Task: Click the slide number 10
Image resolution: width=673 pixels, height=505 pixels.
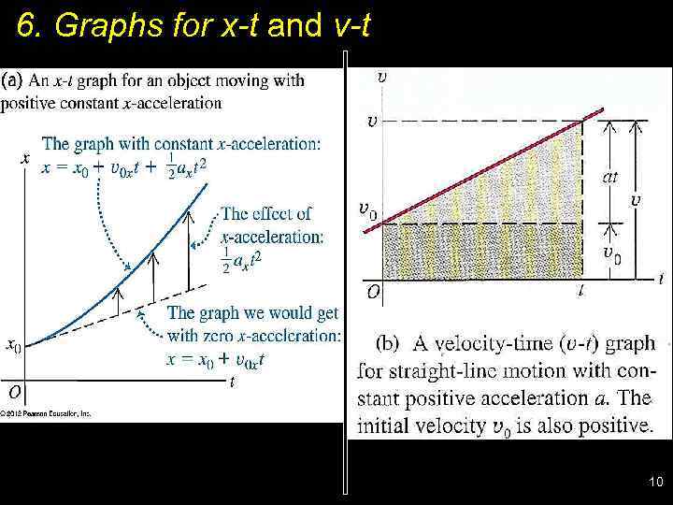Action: click(654, 483)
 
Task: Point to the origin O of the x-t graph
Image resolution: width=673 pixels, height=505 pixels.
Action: click(15, 391)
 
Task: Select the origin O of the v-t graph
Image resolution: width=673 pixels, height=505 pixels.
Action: click(373, 292)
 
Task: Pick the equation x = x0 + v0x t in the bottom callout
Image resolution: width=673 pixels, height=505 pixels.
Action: click(215, 359)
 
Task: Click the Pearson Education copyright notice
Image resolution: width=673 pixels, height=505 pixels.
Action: click(46, 412)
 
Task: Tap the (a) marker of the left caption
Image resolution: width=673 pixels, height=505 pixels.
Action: click(13, 80)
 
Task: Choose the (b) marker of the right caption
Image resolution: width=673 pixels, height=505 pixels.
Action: click(388, 342)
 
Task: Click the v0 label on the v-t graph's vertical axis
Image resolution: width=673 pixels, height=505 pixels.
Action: click(367, 210)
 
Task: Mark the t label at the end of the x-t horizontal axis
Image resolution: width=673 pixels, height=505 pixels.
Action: click(232, 382)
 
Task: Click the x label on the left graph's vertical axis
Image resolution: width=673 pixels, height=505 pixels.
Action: click(24, 158)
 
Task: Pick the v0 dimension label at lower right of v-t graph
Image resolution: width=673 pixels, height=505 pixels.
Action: click(610, 254)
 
